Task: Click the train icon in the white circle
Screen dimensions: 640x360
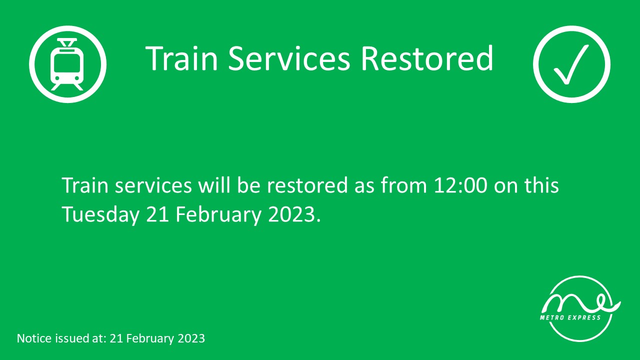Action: (67, 64)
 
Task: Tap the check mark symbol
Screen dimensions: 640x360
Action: (571, 64)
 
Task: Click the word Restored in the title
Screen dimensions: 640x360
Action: (427, 58)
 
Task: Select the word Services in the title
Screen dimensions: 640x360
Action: (289, 58)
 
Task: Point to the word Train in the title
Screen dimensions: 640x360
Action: (181, 58)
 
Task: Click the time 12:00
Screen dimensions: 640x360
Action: (460, 185)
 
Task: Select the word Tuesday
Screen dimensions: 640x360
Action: (100, 214)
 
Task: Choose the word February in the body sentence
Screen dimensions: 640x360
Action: (218, 215)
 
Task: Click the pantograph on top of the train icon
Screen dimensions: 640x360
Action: (67, 43)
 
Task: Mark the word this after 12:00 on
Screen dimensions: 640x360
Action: (541, 185)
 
